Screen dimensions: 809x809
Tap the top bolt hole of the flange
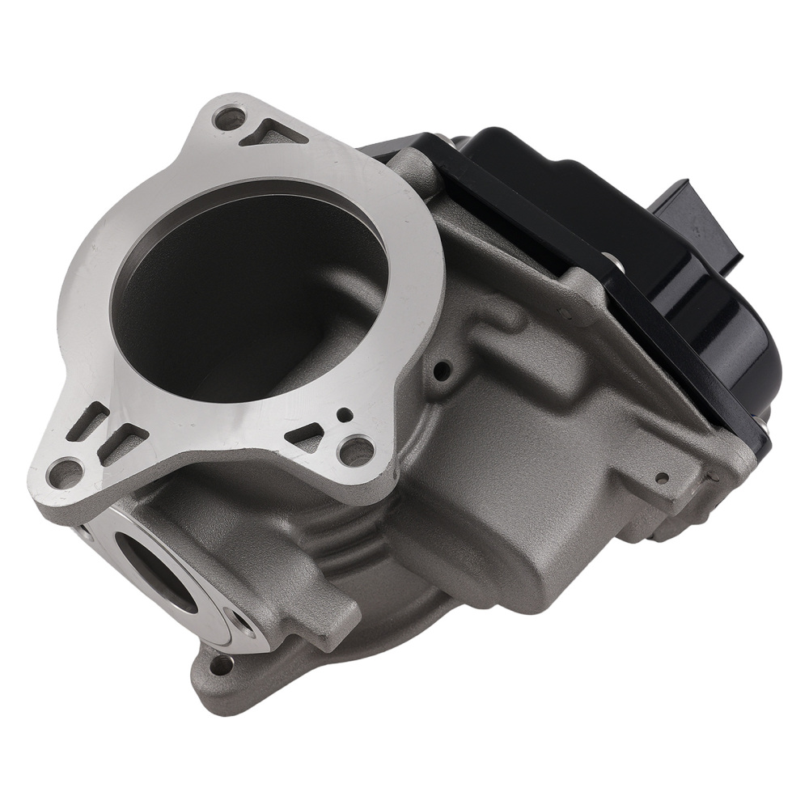point(228,118)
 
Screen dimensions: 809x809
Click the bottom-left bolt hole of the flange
point(65,472)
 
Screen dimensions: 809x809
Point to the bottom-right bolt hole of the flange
point(357,450)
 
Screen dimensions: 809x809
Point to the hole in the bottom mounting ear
point(219,665)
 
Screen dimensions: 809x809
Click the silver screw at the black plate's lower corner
point(762,421)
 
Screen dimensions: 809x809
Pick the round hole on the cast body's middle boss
point(442,371)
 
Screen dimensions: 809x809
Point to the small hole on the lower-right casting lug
point(662,478)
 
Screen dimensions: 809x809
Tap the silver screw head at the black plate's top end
point(441,139)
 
